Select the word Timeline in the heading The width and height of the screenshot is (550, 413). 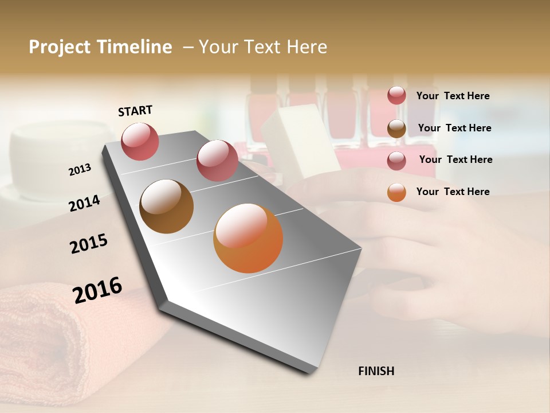click(x=136, y=47)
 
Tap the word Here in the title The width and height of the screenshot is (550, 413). click(x=307, y=47)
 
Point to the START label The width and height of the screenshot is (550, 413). click(x=135, y=111)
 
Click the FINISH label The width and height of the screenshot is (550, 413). click(x=376, y=371)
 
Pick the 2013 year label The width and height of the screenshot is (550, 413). click(x=80, y=169)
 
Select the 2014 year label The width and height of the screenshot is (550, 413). click(x=84, y=203)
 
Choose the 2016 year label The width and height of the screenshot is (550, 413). click(x=97, y=290)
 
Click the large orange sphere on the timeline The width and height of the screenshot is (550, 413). click(x=248, y=238)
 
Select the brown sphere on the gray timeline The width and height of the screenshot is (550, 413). click(x=167, y=206)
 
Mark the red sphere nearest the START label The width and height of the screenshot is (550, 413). click(x=140, y=141)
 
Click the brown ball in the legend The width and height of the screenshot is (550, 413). click(x=396, y=128)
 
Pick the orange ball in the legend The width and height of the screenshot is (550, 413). click(x=396, y=192)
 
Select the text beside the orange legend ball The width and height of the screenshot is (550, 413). click(x=453, y=192)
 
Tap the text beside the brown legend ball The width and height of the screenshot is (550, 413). click(x=454, y=128)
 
